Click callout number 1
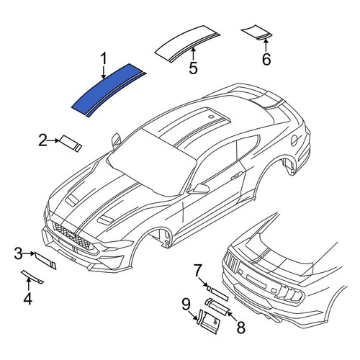(x=104, y=59)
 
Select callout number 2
(x=42, y=140)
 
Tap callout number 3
(x=18, y=253)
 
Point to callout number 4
(x=28, y=299)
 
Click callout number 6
(x=266, y=59)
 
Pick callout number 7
(x=197, y=270)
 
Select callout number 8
(x=240, y=328)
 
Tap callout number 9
(x=186, y=305)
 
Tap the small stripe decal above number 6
(x=257, y=32)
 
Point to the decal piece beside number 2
(x=71, y=143)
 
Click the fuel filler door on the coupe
(x=294, y=140)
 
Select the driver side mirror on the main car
(x=200, y=188)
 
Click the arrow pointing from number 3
(x=29, y=253)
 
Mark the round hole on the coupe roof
(x=211, y=117)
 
